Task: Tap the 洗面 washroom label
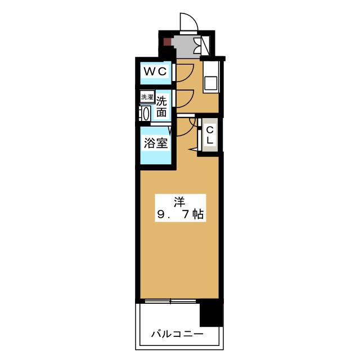tap(161, 107)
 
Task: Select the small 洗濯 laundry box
tap(146, 97)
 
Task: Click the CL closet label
tap(209, 136)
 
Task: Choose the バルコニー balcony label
tap(177, 334)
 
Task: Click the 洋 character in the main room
tap(179, 201)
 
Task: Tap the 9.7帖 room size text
tap(179, 214)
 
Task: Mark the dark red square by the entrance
tap(167, 41)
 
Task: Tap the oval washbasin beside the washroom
tap(145, 113)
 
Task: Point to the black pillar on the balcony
tap(210, 312)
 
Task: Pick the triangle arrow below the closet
tap(195, 150)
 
